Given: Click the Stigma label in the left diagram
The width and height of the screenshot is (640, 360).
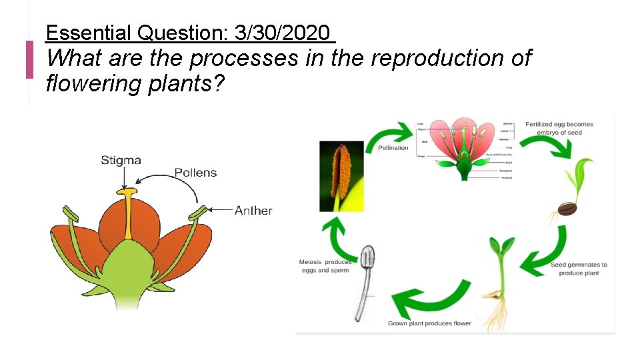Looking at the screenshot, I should pyautogui.click(x=121, y=160).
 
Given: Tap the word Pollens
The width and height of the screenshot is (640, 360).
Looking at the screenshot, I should pyautogui.click(x=195, y=173).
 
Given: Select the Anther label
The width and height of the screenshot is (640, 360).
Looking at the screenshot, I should pyautogui.click(x=253, y=210).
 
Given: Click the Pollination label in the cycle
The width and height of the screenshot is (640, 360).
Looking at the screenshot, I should pyautogui.click(x=393, y=147).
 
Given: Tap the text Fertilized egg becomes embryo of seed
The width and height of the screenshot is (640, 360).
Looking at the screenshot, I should pyautogui.click(x=559, y=128).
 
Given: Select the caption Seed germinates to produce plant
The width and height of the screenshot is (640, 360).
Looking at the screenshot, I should pyautogui.click(x=579, y=269).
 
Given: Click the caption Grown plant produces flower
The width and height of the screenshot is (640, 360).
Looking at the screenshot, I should pyautogui.click(x=429, y=323).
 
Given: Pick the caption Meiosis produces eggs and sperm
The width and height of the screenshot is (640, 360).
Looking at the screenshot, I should pyautogui.click(x=325, y=266).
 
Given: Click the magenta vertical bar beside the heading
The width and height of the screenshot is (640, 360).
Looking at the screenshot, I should pyautogui.click(x=29, y=59).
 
